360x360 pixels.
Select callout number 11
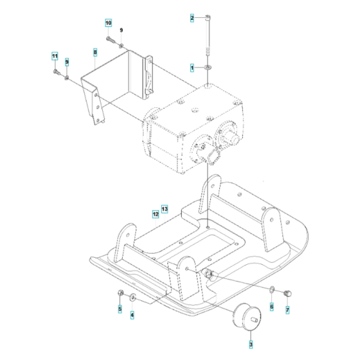click(55, 57)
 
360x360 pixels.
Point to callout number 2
click(191, 19)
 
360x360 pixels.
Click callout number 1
click(191, 67)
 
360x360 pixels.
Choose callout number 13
click(164, 209)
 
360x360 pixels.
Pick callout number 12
click(156, 213)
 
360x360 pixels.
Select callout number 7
click(287, 309)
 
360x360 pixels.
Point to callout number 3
click(251, 345)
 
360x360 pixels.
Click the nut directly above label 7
click(287, 293)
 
